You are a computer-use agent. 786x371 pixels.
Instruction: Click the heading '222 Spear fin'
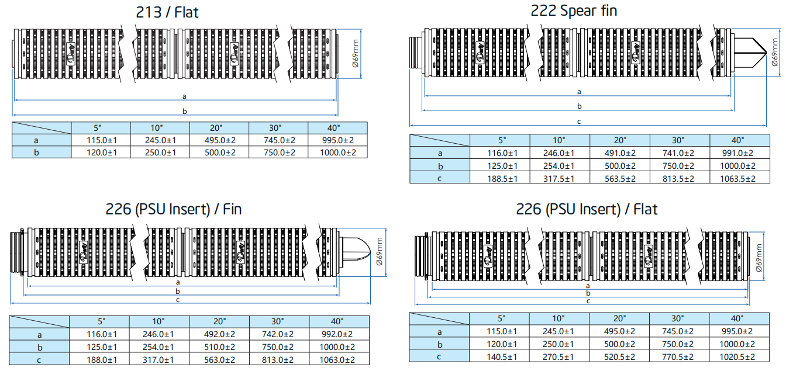573,10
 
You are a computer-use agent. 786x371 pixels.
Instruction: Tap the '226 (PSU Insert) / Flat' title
587,209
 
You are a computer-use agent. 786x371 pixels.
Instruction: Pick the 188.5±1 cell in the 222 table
501,179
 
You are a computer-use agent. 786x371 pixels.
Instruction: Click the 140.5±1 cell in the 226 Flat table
501,356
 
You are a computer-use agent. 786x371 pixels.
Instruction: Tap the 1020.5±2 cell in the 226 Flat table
737,356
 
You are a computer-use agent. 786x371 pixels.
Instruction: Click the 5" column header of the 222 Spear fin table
501,140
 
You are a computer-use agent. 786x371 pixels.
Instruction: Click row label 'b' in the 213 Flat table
42,152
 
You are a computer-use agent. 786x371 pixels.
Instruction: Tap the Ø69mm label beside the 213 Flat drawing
357,53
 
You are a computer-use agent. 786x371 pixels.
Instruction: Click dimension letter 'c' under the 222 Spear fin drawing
579,122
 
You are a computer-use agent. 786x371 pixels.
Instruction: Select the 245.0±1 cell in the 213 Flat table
160,140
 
